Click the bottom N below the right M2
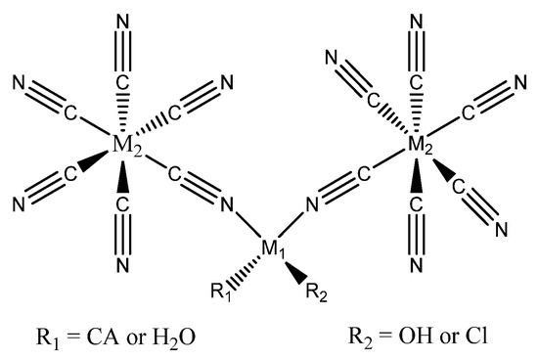tap(417, 264)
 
